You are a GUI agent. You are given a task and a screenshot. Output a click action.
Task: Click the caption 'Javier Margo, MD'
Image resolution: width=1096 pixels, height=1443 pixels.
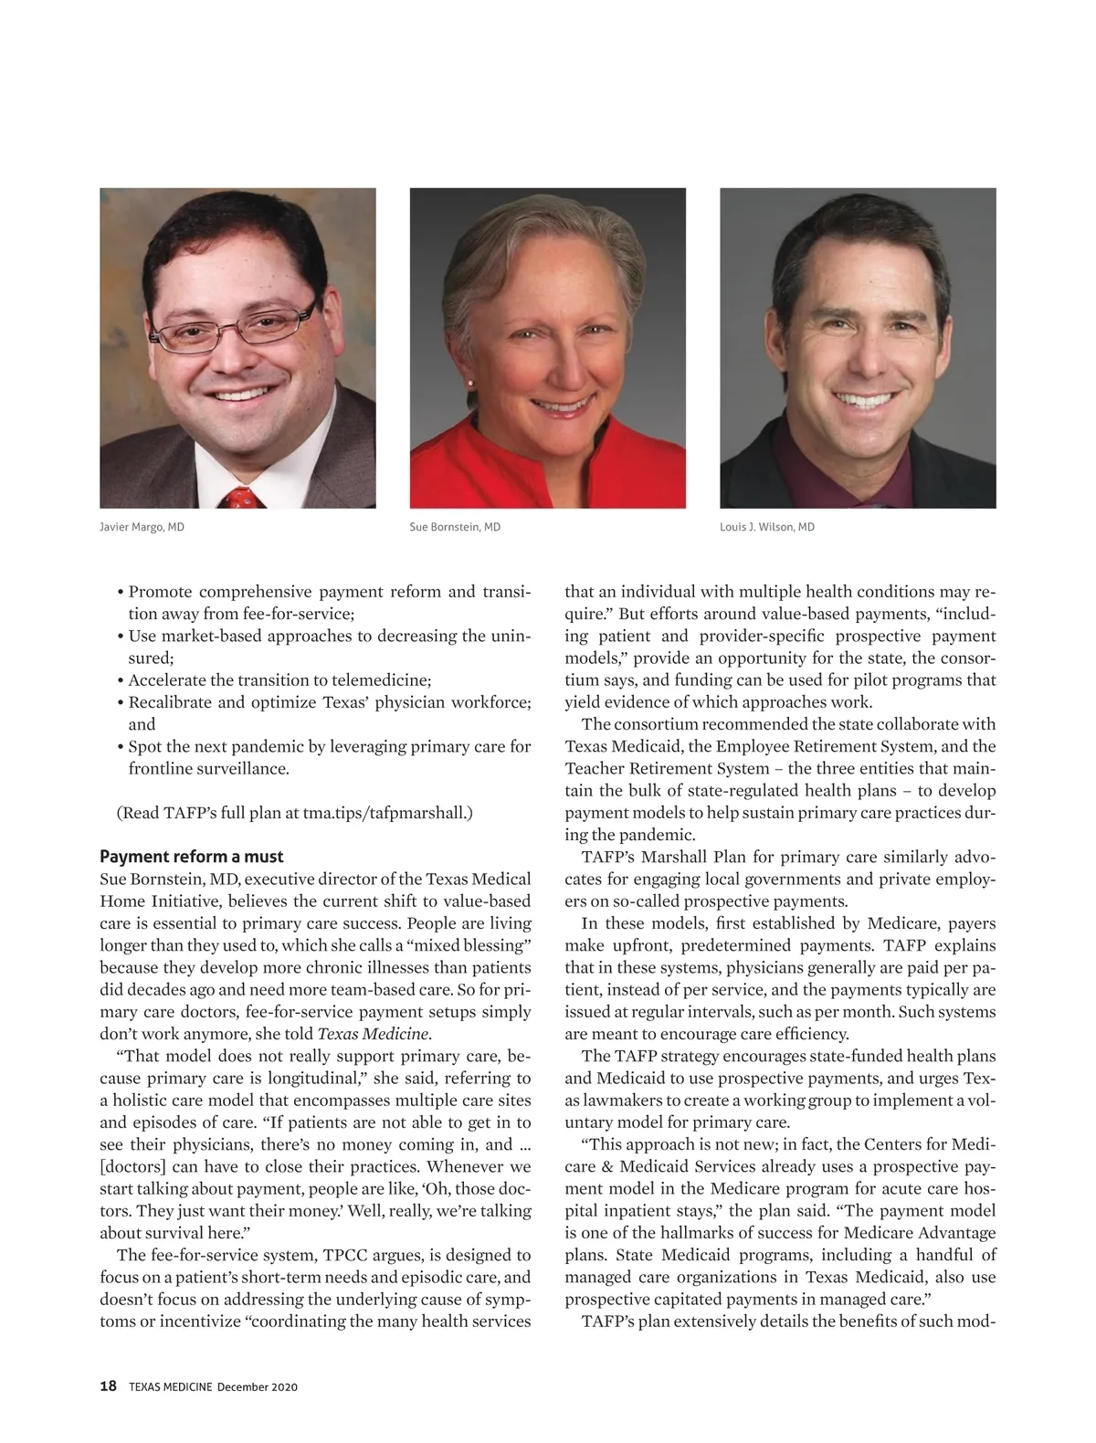pyautogui.click(x=142, y=527)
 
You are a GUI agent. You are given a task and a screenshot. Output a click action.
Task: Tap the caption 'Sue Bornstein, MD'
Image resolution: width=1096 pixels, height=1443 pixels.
pyautogui.click(x=455, y=527)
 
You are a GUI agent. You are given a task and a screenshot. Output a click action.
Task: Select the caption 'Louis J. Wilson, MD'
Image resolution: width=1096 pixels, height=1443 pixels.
pyautogui.click(x=767, y=527)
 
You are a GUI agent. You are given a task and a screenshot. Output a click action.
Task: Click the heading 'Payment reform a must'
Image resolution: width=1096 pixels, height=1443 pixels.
pyautogui.click(x=191, y=857)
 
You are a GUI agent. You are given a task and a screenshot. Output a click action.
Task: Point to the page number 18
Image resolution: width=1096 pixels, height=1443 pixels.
pyautogui.click(x=108, y=1386)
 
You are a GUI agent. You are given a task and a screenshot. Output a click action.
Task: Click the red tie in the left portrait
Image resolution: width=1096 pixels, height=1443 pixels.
pyautogui.click(x=242, y=498)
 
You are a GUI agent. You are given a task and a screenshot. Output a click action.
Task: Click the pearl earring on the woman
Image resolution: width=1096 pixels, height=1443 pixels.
pyautogui.click(x=470, y=384)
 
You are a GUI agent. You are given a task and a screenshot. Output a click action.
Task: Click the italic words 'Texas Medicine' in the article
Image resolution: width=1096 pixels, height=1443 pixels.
pyautogui.click(x=372, y=1034)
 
